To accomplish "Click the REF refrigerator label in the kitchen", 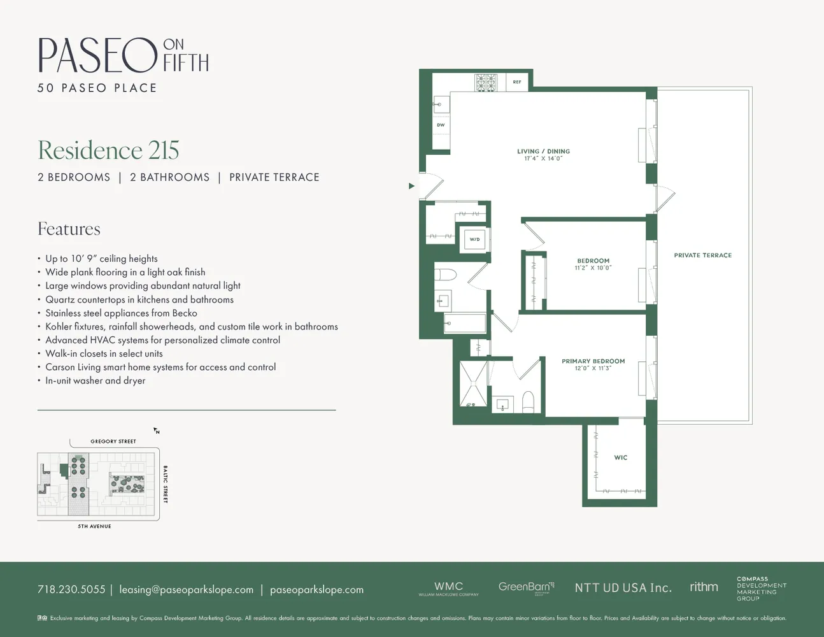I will (517, 82).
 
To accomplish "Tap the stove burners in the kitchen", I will (486, 83).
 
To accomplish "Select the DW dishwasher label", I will (441, 125).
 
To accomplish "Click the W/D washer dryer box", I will (474, 240).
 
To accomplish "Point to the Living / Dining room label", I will (543, 152).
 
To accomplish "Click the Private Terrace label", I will (702, 255).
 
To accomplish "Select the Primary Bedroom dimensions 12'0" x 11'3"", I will (593, 368).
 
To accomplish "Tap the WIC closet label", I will (621, 457).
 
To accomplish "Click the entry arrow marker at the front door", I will (411, 186).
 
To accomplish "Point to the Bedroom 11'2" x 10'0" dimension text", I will (593, 268).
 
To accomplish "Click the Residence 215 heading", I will (108, 150).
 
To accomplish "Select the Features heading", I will (69, 229).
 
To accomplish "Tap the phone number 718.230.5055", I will (71, 590).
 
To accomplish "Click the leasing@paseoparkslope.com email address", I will (186, 590).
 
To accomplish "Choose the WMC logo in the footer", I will (448, 588).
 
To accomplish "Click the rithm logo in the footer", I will (704, 587).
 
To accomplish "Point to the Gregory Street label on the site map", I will (113, 441).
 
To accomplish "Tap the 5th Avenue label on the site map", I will (94, 526).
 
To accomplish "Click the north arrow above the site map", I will (156, 431).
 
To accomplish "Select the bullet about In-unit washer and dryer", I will (95, 381).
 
